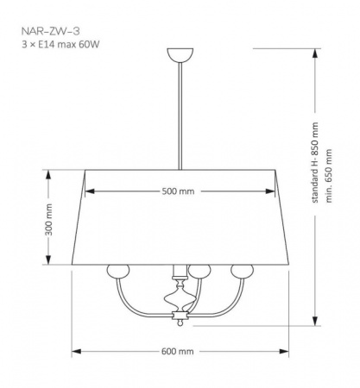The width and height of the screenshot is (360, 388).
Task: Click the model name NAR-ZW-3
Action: coord(50,31)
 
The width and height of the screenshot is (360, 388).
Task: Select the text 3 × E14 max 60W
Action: coord(60,45)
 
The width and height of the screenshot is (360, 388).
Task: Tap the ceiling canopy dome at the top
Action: coord(180,55)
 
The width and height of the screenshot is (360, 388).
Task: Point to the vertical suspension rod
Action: coord(180,116)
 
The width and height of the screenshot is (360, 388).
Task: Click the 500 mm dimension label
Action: coord(178,191)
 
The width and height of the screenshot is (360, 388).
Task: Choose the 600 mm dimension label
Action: coord(178,351)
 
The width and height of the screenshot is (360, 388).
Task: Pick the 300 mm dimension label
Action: coord(49,220)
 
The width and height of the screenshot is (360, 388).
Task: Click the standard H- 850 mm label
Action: coord(315,162)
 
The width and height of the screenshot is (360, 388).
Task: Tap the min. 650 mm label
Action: coord(329,176)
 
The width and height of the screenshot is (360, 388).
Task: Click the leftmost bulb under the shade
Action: coord(118,271)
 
